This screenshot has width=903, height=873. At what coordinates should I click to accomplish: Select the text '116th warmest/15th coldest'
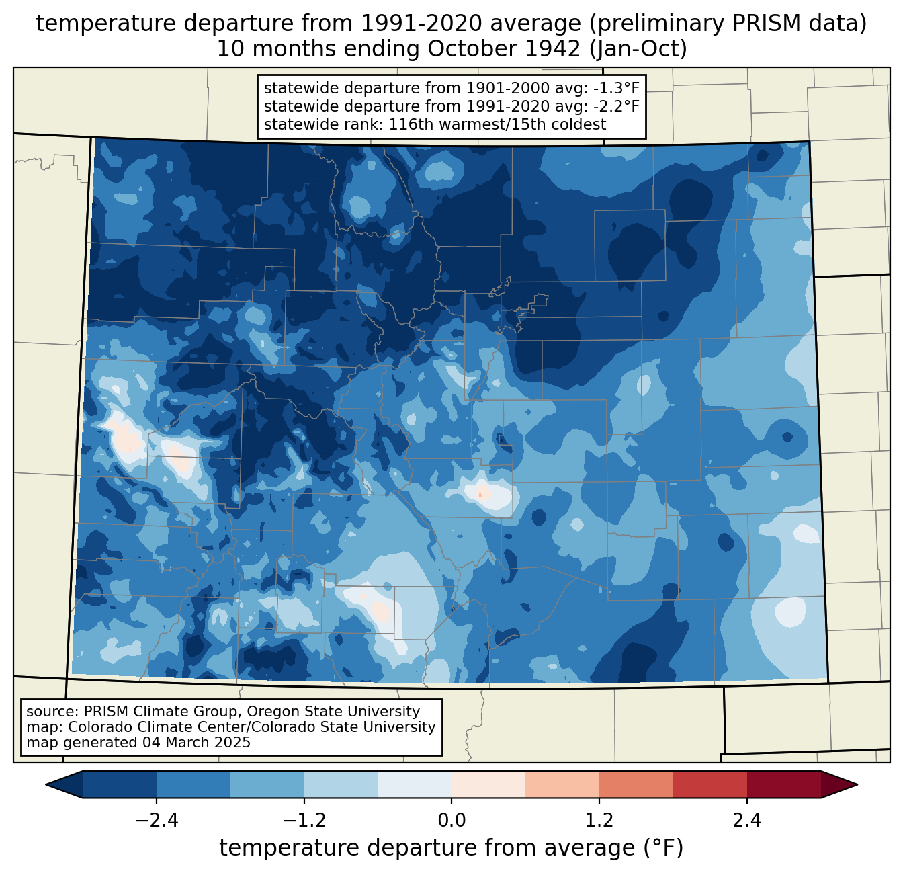point(497,124)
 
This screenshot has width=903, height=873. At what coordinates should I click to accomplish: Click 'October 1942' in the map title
point(504,49)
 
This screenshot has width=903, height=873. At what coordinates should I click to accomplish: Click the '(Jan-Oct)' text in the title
point(638,49)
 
